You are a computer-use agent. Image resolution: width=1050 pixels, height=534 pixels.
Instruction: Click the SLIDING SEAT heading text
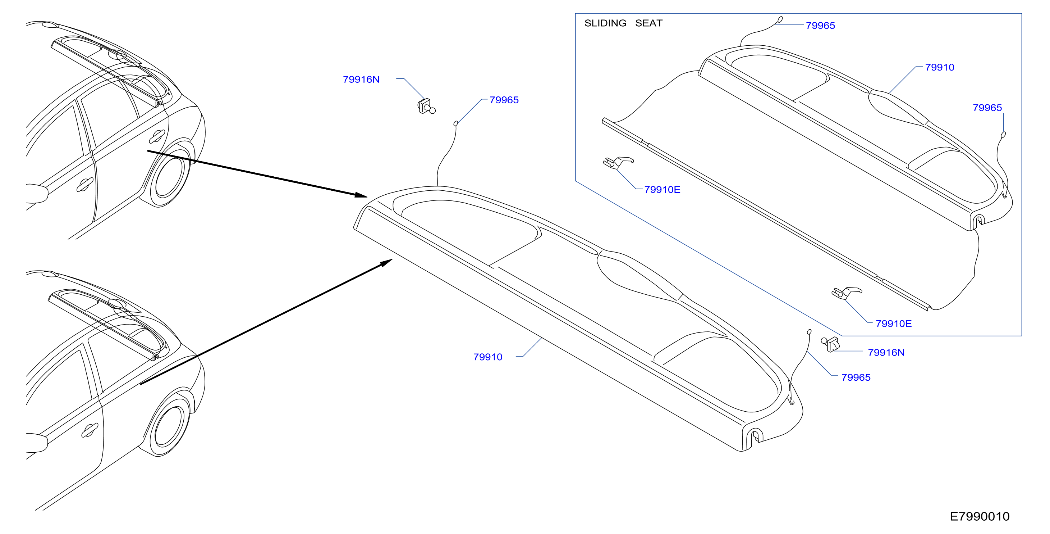pyautogui.click(x=623, y=23)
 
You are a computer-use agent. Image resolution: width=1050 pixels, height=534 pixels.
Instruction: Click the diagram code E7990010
pyautogui.click(x=980, y=516)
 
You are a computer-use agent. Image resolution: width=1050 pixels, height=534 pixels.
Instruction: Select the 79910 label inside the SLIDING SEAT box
pyautogui.click(x=940, y=67)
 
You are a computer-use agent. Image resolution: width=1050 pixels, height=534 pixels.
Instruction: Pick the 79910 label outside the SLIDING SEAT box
pyautogui.click(x=487, y=357)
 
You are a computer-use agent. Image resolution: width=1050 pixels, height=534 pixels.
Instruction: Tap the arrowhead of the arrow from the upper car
pyautogui.click(x=361, y=195)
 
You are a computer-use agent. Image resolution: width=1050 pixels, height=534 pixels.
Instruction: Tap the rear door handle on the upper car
pyautogui.click(x=157, y=136)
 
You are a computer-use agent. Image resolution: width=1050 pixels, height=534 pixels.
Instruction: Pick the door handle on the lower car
pyautogui.click(x=90, y=430)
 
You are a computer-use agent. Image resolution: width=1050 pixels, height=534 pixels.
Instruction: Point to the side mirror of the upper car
pyautogui.click(x=37, y=193)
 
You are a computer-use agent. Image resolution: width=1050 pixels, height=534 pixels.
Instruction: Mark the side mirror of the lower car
pyautogui.click(x=37, y=443)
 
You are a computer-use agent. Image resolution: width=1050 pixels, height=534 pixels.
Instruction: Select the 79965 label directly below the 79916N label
pyautogui.click(x=856, y=377)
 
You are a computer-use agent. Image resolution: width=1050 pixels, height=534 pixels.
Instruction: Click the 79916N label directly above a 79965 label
pyautogui.click(x=886, y=353)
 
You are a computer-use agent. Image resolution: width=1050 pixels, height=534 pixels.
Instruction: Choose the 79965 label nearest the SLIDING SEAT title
pyautogui.click(x=821, y=25)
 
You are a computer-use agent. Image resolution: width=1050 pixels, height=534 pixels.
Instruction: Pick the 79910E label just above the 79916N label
pyautogui.click(x=894, y=323)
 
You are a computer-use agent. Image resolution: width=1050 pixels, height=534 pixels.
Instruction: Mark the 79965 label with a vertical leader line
pyautogui.click(x=987, y=108)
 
